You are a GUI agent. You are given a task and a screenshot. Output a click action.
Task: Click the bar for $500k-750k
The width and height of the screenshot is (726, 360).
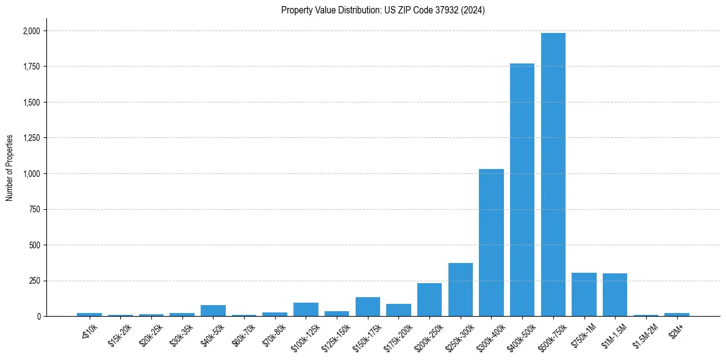point(553,175)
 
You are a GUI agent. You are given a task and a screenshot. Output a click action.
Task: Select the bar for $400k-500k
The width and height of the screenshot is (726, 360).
point(522,190)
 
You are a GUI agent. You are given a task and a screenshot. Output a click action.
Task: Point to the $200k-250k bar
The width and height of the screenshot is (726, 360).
point(429,300)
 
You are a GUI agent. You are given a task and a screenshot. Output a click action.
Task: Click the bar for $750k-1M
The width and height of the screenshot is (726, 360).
point(584,295)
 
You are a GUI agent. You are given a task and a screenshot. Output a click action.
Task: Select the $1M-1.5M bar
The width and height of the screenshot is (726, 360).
point(615,295)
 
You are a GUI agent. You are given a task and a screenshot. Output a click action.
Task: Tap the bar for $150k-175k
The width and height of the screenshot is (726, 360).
point(368,307)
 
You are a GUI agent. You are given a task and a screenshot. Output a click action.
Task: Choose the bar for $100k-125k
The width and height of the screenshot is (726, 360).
point(306,309)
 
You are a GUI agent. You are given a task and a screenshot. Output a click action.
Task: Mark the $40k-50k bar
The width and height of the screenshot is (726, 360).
point(213,311)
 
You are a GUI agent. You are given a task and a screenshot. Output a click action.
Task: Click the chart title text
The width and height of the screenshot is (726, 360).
point(383,10)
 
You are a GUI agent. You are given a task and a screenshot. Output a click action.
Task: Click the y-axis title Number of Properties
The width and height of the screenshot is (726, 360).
point(10,168)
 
